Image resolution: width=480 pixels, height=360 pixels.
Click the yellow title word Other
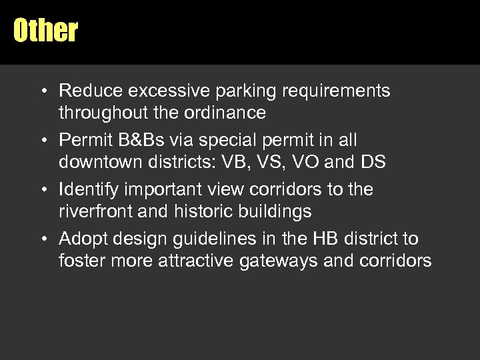click(45, 30)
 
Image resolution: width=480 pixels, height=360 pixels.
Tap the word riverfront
click(91, 213)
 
